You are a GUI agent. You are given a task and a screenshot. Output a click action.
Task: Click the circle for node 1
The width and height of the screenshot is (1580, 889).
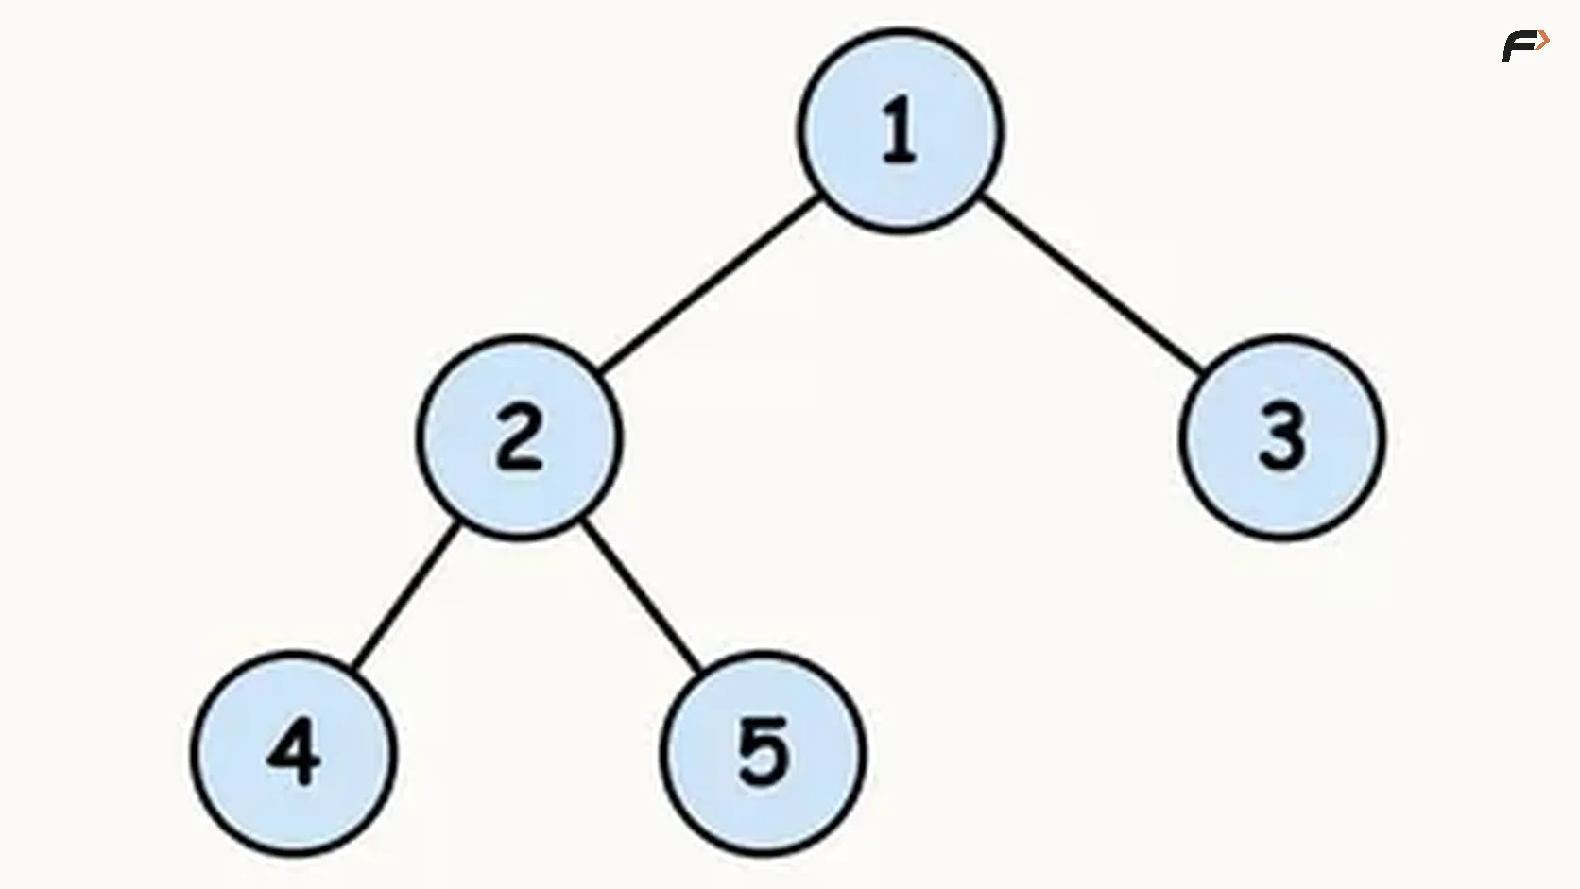tap(901, 131)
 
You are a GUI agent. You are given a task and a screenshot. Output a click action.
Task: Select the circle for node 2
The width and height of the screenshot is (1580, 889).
tap(520, 437)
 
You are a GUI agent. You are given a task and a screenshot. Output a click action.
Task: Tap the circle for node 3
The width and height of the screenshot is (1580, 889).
tap(1282, 437)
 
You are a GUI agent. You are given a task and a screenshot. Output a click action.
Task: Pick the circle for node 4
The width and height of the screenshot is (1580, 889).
tap(294, 753)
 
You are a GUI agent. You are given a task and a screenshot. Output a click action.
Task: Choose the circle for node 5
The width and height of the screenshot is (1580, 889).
tap(764, 753)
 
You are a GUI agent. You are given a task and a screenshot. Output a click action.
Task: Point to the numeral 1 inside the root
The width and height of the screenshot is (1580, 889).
tap(900, 130)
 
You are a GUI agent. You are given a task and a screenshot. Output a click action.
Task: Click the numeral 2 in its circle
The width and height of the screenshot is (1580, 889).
tap(519, 437)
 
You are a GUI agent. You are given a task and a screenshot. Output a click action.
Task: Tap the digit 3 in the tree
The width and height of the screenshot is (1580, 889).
tap(1282, 437)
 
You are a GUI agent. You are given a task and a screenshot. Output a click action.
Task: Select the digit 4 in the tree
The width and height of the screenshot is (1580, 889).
tap(294, 752)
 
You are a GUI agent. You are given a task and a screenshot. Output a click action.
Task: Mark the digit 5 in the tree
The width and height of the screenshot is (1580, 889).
tap(764, 752)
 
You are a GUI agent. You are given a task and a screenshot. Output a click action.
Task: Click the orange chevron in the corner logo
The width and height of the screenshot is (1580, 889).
tap(1543, 42)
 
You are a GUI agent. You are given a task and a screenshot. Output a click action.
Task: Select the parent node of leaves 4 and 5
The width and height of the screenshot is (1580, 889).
tap(520, 437)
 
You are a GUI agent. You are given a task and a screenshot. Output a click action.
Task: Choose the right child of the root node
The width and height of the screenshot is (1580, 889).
tap(1282, 437)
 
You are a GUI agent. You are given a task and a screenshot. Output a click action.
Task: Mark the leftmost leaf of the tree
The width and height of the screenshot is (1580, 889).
tap(294, 753)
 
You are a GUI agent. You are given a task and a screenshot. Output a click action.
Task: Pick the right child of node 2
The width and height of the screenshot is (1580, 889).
tap(764, 753)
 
